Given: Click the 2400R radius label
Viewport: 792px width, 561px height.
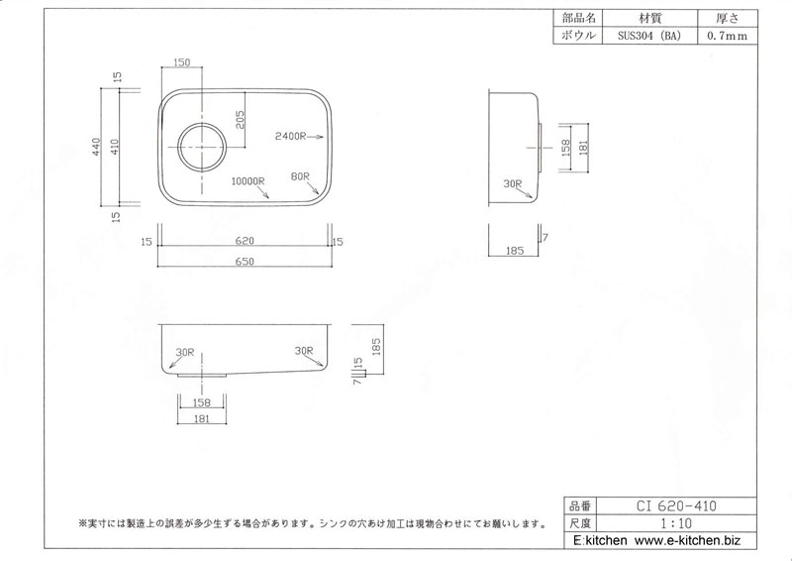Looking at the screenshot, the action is (290, 136).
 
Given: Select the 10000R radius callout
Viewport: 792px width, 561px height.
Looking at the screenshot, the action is (248, 181).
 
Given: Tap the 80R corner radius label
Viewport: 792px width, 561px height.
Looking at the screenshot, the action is (300, 176).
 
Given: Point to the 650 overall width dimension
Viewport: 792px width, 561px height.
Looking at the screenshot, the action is (245, 262).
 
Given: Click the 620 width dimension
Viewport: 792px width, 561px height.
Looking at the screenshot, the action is (245, 241).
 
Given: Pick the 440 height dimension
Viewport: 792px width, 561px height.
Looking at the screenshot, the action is (96, 147).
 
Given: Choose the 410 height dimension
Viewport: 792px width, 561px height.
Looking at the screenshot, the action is (115, 147).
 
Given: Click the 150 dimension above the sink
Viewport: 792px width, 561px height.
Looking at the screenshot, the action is (182, 62).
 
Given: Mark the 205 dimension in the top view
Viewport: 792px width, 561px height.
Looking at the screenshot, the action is (240, 119).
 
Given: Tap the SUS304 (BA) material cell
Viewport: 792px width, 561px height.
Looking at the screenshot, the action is (649, 36).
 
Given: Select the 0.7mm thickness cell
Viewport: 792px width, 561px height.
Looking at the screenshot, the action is (728, 36).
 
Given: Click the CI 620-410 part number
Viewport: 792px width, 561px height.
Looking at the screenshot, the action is (676, 505).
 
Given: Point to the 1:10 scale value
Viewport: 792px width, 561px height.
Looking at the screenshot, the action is (676, 523).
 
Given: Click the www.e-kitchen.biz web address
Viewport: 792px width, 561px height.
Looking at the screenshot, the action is (687, 540).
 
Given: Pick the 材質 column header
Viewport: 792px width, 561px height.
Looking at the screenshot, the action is (650, 19).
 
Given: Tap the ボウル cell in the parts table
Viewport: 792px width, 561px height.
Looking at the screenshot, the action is (578, 36).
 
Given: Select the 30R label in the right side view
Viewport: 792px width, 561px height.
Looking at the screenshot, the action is (512, 183).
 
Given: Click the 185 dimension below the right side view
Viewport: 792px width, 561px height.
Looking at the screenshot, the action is (514, 250).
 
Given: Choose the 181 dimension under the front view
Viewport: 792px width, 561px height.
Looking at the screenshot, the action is (202, 418).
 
